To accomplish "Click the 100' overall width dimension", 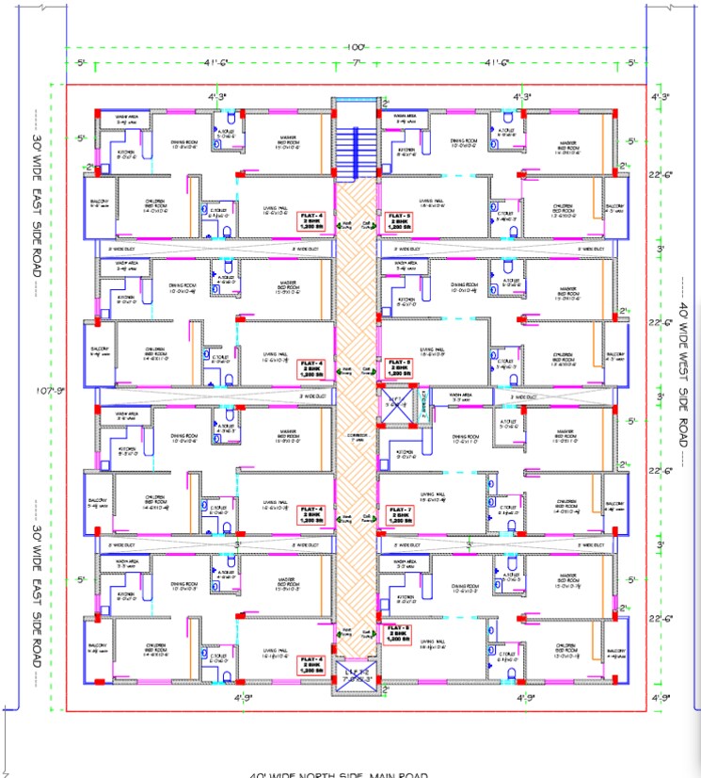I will click(x=355, y=46).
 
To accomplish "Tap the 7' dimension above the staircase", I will click(x=356, y=63).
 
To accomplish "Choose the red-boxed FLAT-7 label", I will click(x=399, y=514).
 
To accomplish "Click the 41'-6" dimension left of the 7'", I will click(x=218, y=63).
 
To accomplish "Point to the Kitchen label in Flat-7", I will click(x=406, y=453).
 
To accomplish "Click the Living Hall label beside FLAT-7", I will click(x=434, y=500).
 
